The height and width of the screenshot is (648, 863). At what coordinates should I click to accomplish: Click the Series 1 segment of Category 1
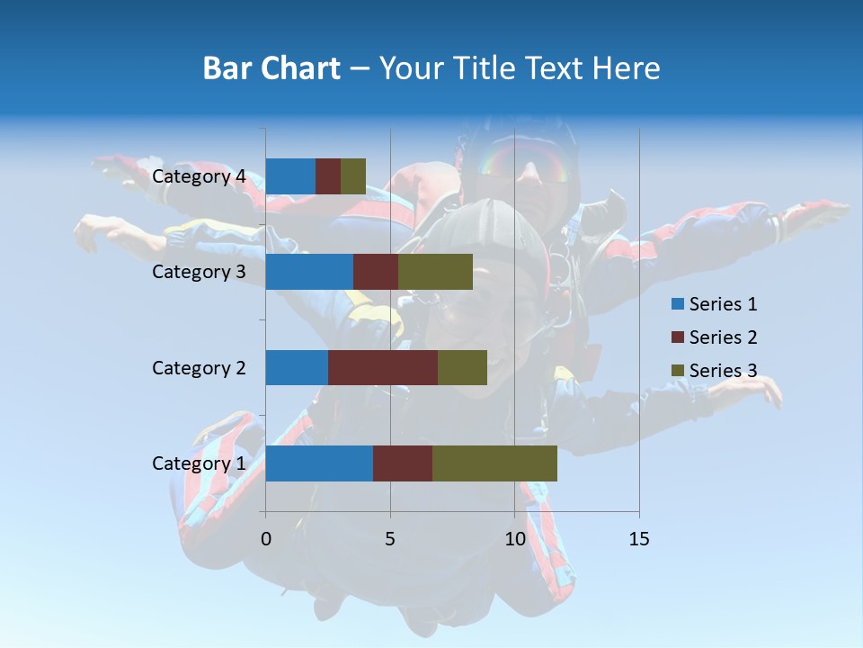pyautogui.click(x=319, y=463)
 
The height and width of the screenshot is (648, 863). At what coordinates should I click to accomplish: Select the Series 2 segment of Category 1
pyautogui.click(x=403, y=463)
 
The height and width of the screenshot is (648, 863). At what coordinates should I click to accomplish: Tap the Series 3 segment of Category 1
pyautogui.click(x=494, y=463)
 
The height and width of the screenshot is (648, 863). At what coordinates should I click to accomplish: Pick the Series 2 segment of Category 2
pyautogui.click(x=383, y=367)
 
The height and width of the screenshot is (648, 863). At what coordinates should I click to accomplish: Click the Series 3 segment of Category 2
pyautogui.click(x=462, y=367)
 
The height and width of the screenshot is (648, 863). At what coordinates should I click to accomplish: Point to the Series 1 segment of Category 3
pyautogui.click(x=309, y=272)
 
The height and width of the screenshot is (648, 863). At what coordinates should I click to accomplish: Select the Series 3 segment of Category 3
pyautogui.click(x=435, y=272)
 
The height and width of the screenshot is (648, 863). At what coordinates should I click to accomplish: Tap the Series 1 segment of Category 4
pyautogui.click(x=290, y=176)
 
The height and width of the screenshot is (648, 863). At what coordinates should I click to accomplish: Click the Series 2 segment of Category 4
pyautogui.click(x=328, y=176)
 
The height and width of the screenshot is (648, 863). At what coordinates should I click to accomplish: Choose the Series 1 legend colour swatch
pyautogui.click(x=677, y=304)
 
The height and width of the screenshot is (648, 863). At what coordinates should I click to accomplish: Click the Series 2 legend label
pyautogui.click(x=723, y=337)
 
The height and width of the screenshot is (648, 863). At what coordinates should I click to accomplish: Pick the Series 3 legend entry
pyautogui.click(x=714, y=371)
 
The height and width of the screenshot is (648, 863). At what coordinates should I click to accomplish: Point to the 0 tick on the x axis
pyautogui.click(x=265, y=539)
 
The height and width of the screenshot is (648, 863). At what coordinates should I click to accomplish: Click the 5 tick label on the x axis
pyautogui.click(x=390, y=539)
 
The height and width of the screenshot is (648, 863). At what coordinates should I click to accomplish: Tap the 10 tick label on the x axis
pyautogui.click(x=514, y=539)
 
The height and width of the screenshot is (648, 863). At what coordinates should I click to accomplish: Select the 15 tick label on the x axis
pyautogui.click(x=638, y=539)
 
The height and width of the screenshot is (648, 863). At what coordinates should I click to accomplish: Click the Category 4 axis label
pyautogui.click(x=199, y=176)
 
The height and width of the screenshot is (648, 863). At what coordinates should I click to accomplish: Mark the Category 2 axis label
pyautogui.click(x=199, y=367)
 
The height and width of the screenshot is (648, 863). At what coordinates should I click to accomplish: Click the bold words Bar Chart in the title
pyautogui.click(x=271, y=67)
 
